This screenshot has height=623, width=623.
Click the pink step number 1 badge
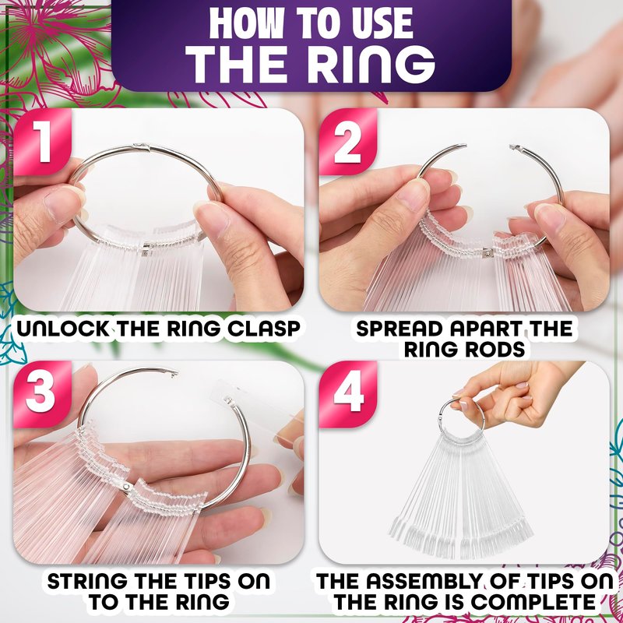(42, 142)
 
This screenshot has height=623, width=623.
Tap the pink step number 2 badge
(347, 142)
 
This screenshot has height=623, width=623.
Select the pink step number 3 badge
(42, 395)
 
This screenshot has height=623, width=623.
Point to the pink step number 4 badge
(348, 395)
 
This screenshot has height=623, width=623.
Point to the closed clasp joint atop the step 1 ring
(142, 146)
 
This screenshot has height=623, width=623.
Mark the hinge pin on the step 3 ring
(126, 486)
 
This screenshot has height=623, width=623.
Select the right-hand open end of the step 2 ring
(516, 148)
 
